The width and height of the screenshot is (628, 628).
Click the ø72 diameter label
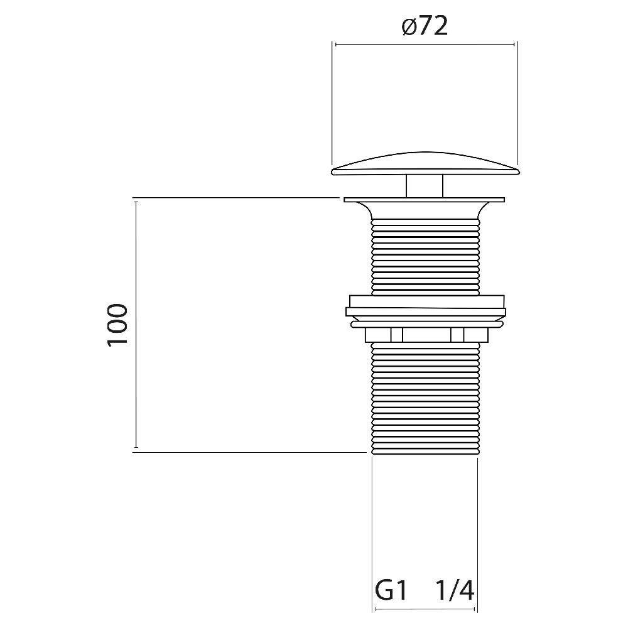(425, 26)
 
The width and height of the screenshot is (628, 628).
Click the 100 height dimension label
(117, 325)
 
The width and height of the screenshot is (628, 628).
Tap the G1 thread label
(391, 590)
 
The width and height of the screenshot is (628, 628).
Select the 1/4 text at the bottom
(455, 590)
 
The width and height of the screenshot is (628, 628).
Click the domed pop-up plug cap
(425, 164)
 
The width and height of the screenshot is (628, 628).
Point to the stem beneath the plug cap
(425, 187)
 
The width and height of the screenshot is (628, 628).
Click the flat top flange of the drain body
(424, 200)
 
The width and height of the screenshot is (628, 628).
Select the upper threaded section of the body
(425, 257)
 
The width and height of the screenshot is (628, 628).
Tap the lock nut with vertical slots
(427, 335)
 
